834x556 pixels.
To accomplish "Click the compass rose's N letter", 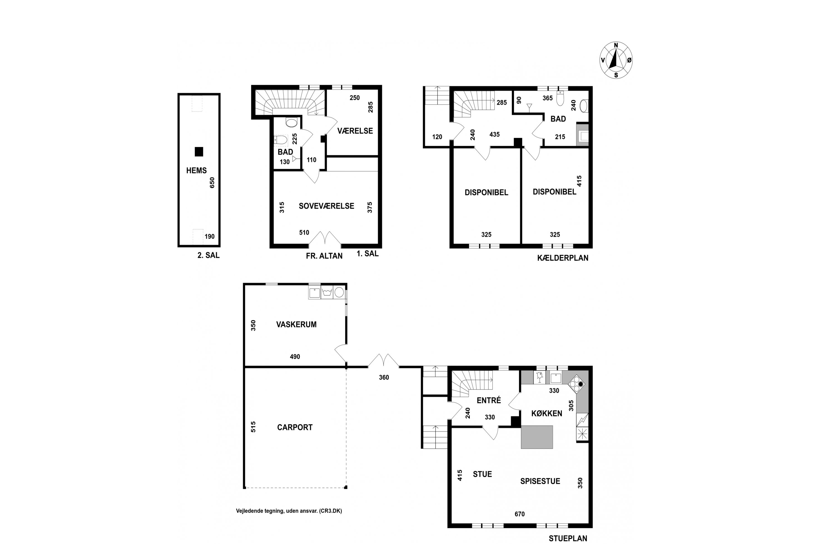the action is [616, 45].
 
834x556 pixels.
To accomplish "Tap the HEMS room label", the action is [197, 171].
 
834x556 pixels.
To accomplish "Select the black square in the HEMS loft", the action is [199, 152].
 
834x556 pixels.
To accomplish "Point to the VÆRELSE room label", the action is [355, 131].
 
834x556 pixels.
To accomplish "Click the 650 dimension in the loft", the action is [212, 183].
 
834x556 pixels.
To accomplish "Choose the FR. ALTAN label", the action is [324, 256].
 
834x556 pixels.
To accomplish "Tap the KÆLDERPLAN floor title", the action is [563, 258].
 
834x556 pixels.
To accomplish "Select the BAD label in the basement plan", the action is [558, 119].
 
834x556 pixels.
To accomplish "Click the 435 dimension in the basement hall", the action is [494, 134].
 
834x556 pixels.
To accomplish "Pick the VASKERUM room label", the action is [296, 324].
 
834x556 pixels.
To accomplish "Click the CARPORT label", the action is [295, 427].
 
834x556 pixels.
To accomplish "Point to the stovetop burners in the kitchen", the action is [576, 384].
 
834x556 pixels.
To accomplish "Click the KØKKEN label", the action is [547, 413].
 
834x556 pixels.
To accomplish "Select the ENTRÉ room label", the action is [489, 400].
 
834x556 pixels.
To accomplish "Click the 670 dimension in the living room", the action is [520, 514].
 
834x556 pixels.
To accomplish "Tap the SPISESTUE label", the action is [540, 481].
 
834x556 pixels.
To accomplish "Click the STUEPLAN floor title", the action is [568, 539].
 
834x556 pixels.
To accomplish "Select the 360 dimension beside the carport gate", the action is [384, 378].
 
